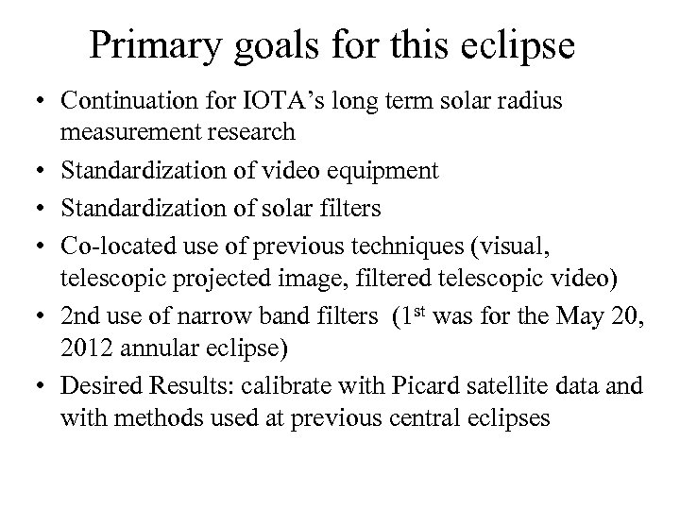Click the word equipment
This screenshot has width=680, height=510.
[x=382, y=171]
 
